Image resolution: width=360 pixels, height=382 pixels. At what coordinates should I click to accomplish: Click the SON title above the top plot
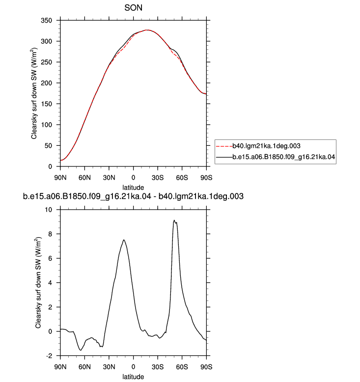point(133,8)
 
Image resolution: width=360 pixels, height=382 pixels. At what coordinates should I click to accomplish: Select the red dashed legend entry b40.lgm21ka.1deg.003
point(258,146)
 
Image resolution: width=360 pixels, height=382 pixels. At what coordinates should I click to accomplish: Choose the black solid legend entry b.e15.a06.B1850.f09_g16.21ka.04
point(276,157)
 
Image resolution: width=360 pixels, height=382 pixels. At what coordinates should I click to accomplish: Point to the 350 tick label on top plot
point(46,21)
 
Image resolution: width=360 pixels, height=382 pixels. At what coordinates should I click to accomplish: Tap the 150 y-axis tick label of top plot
point(46,104)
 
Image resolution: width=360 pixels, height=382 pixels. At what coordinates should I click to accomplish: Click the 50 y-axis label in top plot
point(48,146)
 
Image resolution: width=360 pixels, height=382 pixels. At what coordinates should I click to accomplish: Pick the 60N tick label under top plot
point(84,178)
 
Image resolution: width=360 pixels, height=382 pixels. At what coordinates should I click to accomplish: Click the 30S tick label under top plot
point(158,178)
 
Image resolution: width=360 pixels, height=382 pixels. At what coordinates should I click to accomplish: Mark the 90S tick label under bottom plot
point(206,367)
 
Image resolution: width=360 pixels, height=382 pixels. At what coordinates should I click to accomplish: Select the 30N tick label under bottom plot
point(109,367)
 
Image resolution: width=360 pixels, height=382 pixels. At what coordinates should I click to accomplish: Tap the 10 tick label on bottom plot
point(48,210)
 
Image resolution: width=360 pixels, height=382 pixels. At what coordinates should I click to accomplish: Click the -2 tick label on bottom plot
point(49,356)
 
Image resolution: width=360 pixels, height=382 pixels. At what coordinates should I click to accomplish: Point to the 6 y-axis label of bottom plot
point(50,258)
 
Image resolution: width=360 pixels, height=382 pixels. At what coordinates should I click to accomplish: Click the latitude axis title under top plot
point(133,188)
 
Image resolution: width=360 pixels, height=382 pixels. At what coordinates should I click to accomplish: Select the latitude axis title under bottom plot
point(133,377)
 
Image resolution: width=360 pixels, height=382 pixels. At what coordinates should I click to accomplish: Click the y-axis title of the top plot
point(34,94)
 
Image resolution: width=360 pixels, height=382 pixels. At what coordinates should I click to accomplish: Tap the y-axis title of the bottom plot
point(38,283)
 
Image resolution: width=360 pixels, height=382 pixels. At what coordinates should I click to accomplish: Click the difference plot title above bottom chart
point(133,196)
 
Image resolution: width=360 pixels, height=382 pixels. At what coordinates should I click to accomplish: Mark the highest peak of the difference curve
point(174,220)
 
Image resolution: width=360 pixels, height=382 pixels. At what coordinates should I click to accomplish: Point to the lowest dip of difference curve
point(81,350)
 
